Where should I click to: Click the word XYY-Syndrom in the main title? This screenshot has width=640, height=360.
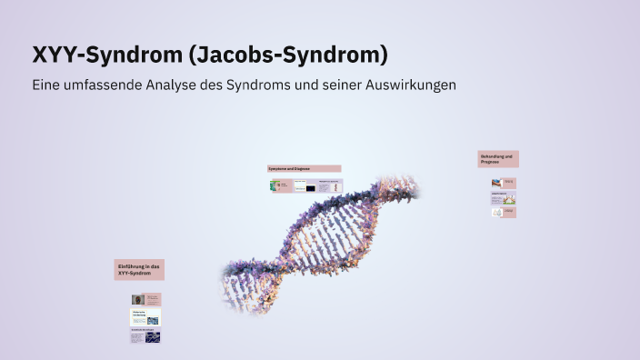coord(106,55)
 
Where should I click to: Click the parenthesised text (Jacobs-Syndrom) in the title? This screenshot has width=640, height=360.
coord(287,55)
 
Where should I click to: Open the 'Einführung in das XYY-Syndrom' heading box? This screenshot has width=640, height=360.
coord(139,269)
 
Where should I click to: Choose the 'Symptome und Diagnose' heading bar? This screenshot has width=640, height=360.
coord(304,168)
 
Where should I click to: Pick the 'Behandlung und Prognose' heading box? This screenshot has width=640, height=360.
coord(498,159)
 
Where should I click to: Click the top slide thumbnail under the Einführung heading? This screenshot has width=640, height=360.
coord(145,299)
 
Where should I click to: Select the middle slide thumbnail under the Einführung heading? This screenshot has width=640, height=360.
coord(145,317)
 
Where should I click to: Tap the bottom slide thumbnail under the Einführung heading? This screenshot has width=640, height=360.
coord(145,335)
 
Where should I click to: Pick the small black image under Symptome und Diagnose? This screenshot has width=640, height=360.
coord(310,188)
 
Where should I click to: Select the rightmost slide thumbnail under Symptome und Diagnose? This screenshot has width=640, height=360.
coord(331,185)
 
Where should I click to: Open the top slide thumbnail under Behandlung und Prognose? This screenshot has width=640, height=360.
coord(504,183)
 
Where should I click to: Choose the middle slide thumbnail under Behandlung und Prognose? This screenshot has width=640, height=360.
coord(504,197)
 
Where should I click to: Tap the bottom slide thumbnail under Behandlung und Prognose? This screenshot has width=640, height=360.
coord(504,212)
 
